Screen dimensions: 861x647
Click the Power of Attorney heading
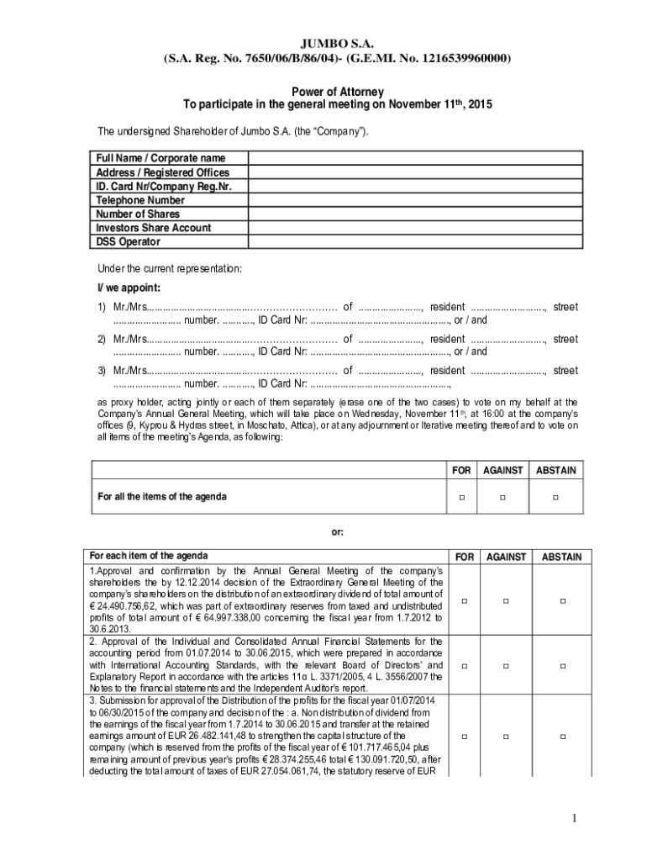pyautogui.click(x=337, y=91)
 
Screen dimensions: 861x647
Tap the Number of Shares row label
pyautogui.click(x=138, y=214)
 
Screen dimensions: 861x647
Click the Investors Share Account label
pyautogui.click(x=153, y=228)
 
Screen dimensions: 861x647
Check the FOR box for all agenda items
pyautogui.click(x=461, y=498)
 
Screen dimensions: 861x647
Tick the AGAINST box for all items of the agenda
pyautogui.click(x=502, y=498)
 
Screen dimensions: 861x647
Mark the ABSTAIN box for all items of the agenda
pyautogui.click(x=555, y=498)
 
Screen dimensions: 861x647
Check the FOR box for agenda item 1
pyautogui.click(x=461, y=600)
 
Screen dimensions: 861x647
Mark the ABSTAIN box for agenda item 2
pyautogui.click(x=563, y=666)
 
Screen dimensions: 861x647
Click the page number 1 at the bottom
pyautogui.click(x=573, y=818)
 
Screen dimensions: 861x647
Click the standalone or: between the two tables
pyautogui.click(x=337, y=532)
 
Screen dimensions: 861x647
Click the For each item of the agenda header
pyautogui.click(x=149, y=556)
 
